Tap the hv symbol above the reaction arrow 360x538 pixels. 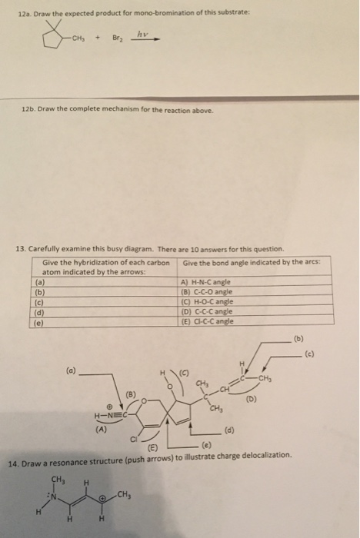(142, 34)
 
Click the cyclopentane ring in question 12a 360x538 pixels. (53, 38)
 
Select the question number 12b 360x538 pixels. (28, 109)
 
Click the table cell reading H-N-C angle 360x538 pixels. (205, 282)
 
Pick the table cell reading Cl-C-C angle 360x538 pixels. (208, 321)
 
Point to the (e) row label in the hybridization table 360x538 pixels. (39, 323)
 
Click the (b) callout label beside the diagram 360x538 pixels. (299, 339)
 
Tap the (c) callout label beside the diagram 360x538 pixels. (309, 354)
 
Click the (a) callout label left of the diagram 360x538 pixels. (72, 371)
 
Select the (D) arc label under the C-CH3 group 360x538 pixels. (251, 400)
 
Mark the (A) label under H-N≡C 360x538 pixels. (101, 429)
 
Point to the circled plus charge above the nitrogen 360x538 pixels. (109, 407)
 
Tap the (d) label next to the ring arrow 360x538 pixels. (230, 430)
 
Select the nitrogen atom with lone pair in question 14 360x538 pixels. (54, 496)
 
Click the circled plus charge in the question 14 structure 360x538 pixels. (102, 497)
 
